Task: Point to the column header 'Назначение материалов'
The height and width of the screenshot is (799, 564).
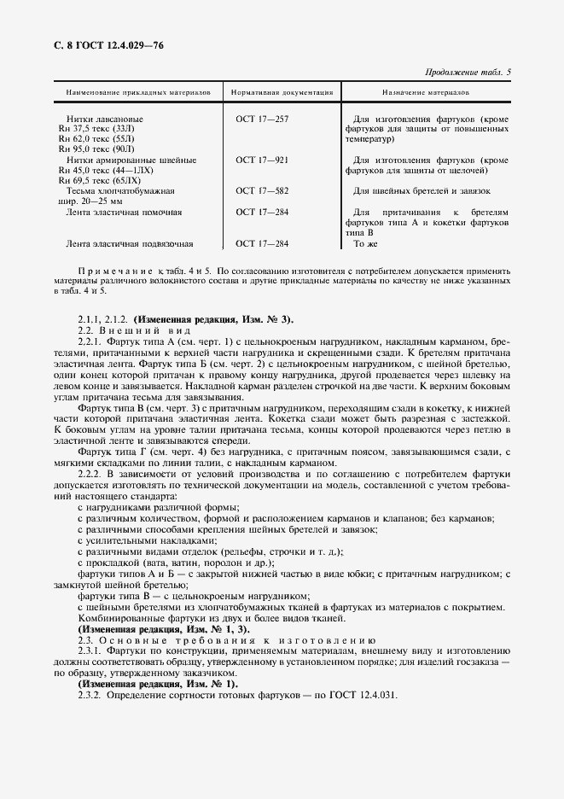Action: tap(424, 90)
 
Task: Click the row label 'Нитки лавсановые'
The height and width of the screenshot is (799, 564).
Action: tap(104, 119)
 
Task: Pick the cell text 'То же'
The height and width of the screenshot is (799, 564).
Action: tap(365, 243)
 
